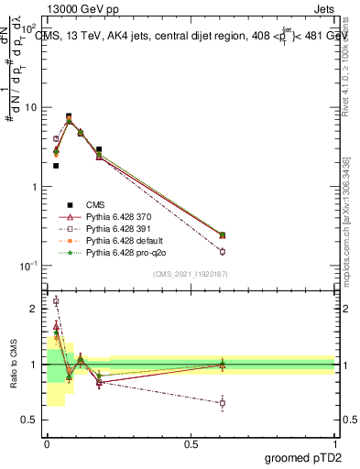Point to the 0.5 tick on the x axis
(x=191, y=442)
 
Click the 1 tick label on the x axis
(x=334, y=442)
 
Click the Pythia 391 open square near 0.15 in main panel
(x=222, y=251)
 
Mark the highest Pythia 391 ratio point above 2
(x=56, y=300)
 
